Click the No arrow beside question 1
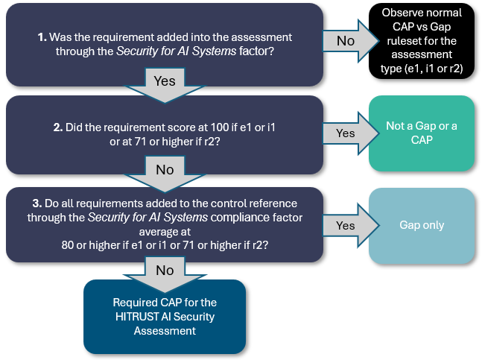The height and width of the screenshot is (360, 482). (345, 41)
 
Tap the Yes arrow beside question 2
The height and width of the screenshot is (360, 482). (345, 134)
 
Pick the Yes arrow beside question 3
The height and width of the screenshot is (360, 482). (345, 225)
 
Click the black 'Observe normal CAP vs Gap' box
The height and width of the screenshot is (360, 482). (422, 41)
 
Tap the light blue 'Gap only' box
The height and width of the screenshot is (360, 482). (422, 225)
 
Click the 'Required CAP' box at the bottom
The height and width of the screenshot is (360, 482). (164, 316)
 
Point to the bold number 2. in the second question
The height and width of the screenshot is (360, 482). (57, 127)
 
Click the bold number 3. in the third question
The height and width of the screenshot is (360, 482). (37, 203)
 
